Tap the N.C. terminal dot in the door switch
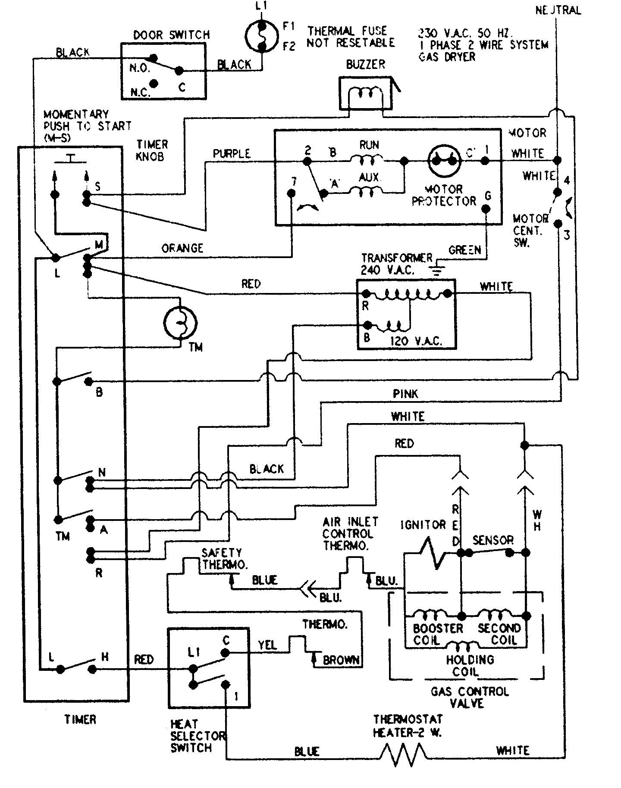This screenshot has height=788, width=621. coord(154,84)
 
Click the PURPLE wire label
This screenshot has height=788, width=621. coord(232,154)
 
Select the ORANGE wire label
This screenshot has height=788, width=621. coord(182,248)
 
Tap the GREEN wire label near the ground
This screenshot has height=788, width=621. coord(464,250)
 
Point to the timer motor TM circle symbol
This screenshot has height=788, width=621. coord(180,321)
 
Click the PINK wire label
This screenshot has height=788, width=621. coord(405,394)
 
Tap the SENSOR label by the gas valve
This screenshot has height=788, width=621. coord(493,540)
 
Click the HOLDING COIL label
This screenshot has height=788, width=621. coord(470,666)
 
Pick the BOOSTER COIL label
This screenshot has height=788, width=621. coord(432,635)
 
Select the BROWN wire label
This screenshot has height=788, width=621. coord(341,660)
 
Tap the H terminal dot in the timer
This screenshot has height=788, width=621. coord(92,669)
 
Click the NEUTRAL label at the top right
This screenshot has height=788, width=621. coord(558,10)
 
